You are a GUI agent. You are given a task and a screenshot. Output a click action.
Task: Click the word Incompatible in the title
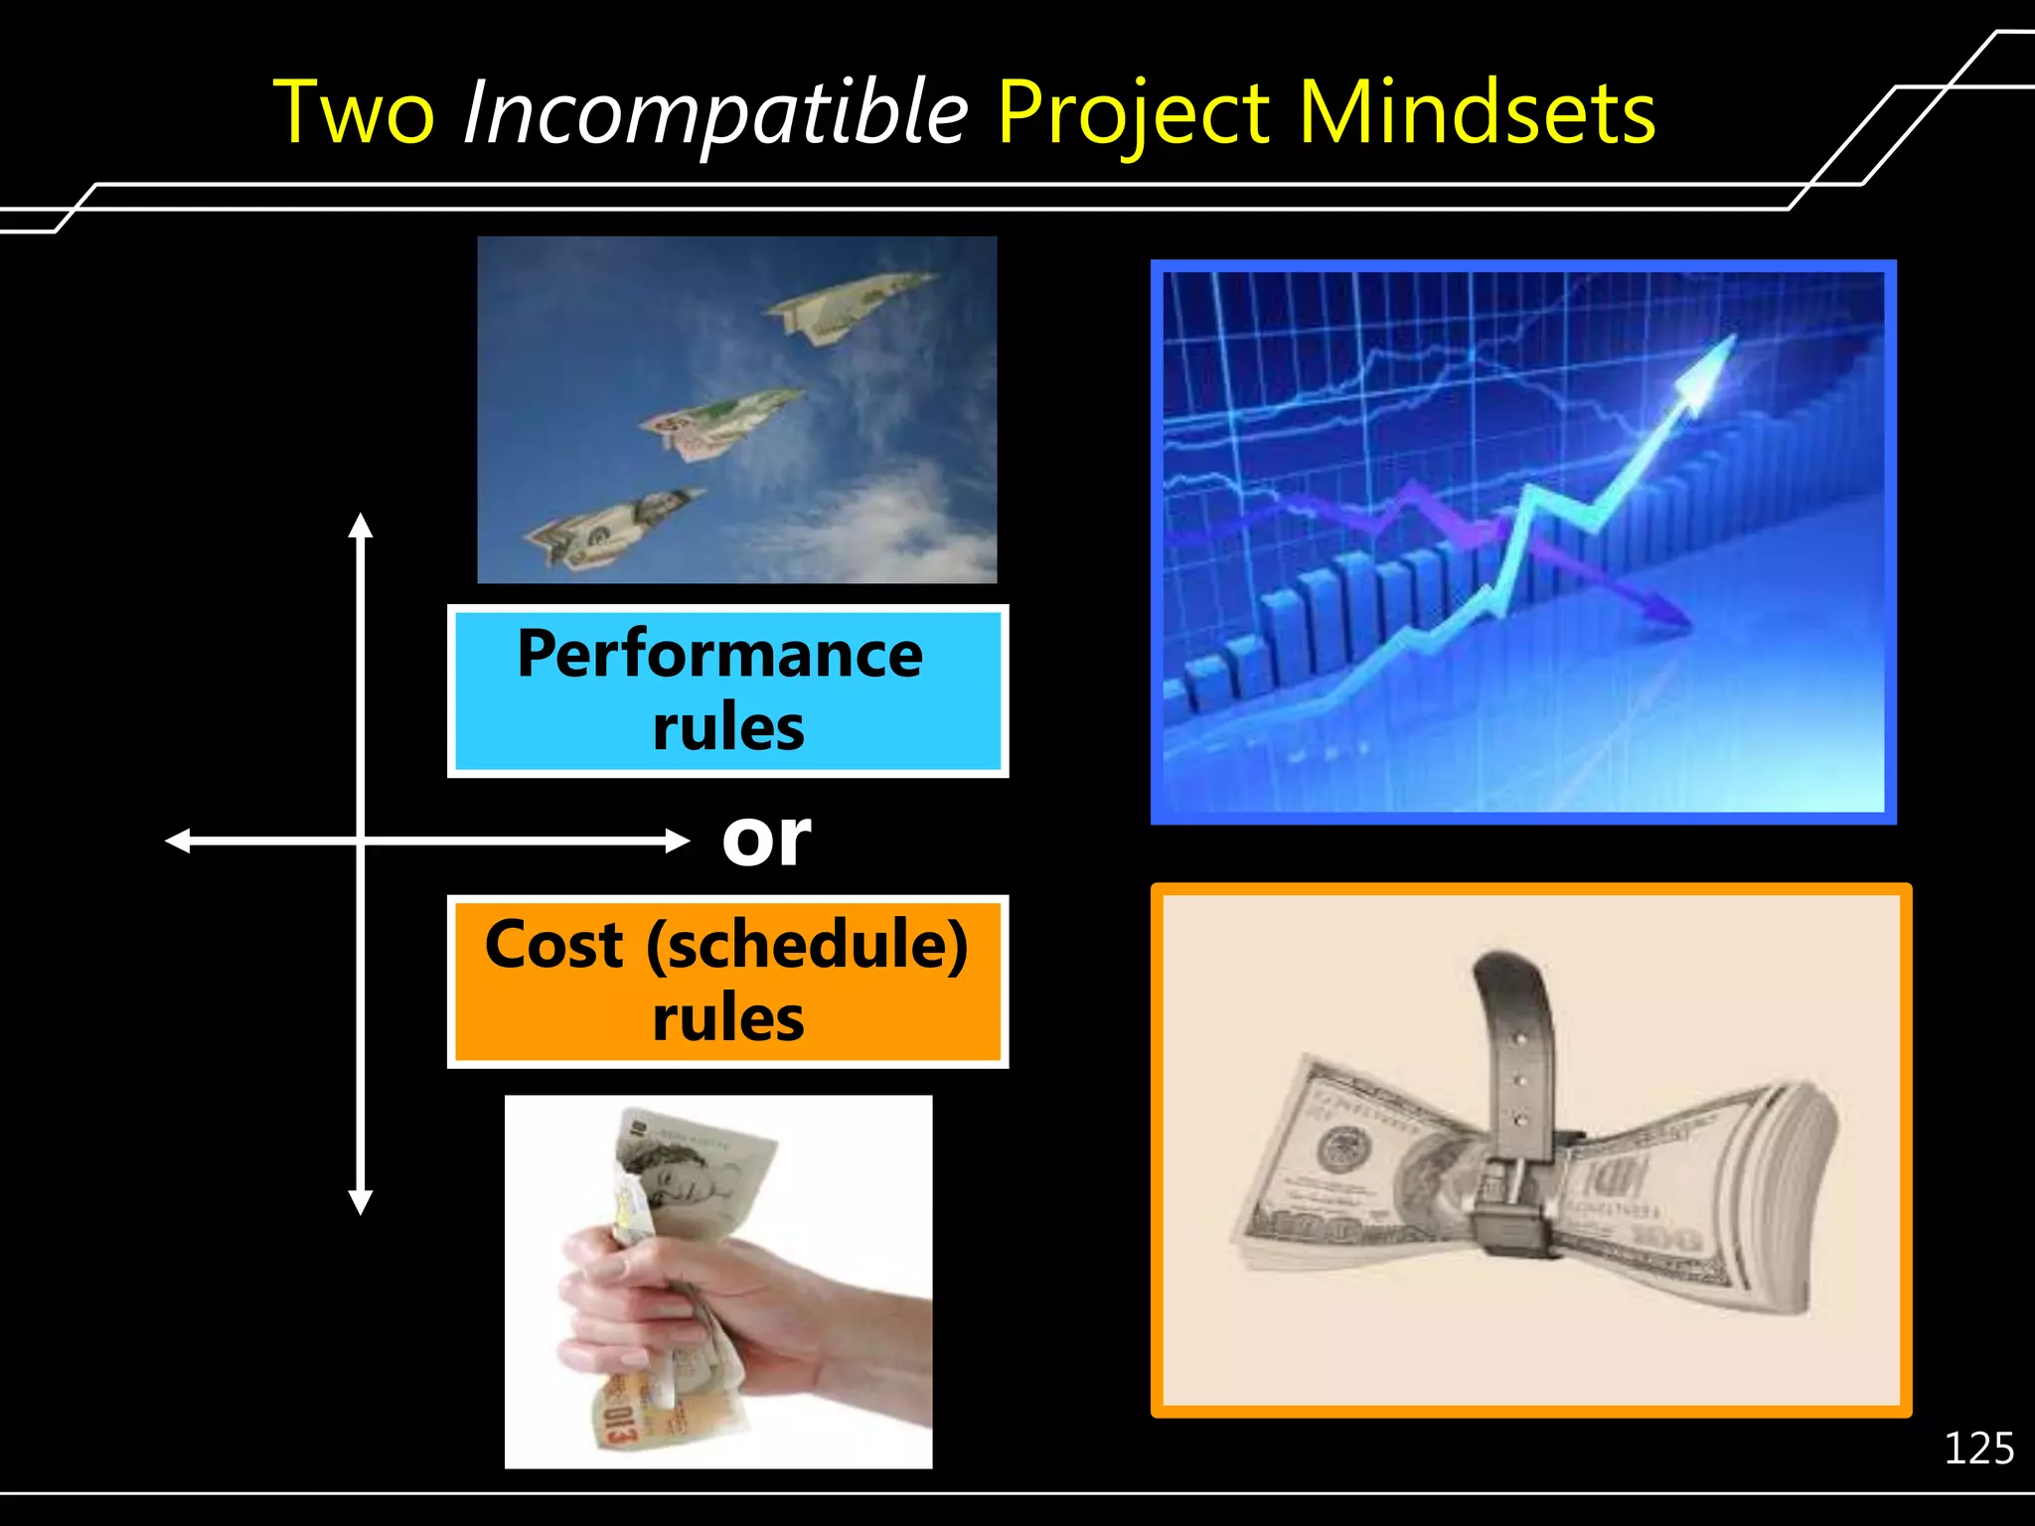(715, 112)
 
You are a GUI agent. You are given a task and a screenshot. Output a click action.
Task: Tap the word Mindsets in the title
(1478, 112)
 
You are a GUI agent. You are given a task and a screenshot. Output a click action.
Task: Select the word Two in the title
(354, 112)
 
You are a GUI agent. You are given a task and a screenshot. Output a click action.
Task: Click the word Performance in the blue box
(720, 655)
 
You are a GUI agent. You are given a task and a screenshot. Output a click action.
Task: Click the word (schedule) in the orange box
(807, 946)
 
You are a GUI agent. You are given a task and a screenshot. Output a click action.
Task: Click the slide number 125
(1978, 1449)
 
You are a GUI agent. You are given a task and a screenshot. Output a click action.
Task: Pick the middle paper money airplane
(720, 421)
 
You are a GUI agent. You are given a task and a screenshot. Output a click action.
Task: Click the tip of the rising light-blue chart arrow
(1730, 341)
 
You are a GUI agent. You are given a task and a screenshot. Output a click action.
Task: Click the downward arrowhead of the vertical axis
(361, 1204)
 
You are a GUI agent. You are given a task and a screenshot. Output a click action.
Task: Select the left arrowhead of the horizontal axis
(176, 841)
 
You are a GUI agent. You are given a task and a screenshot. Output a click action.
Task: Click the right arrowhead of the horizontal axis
(681, 841)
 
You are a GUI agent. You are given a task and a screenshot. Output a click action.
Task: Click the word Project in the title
(1134, 112)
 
